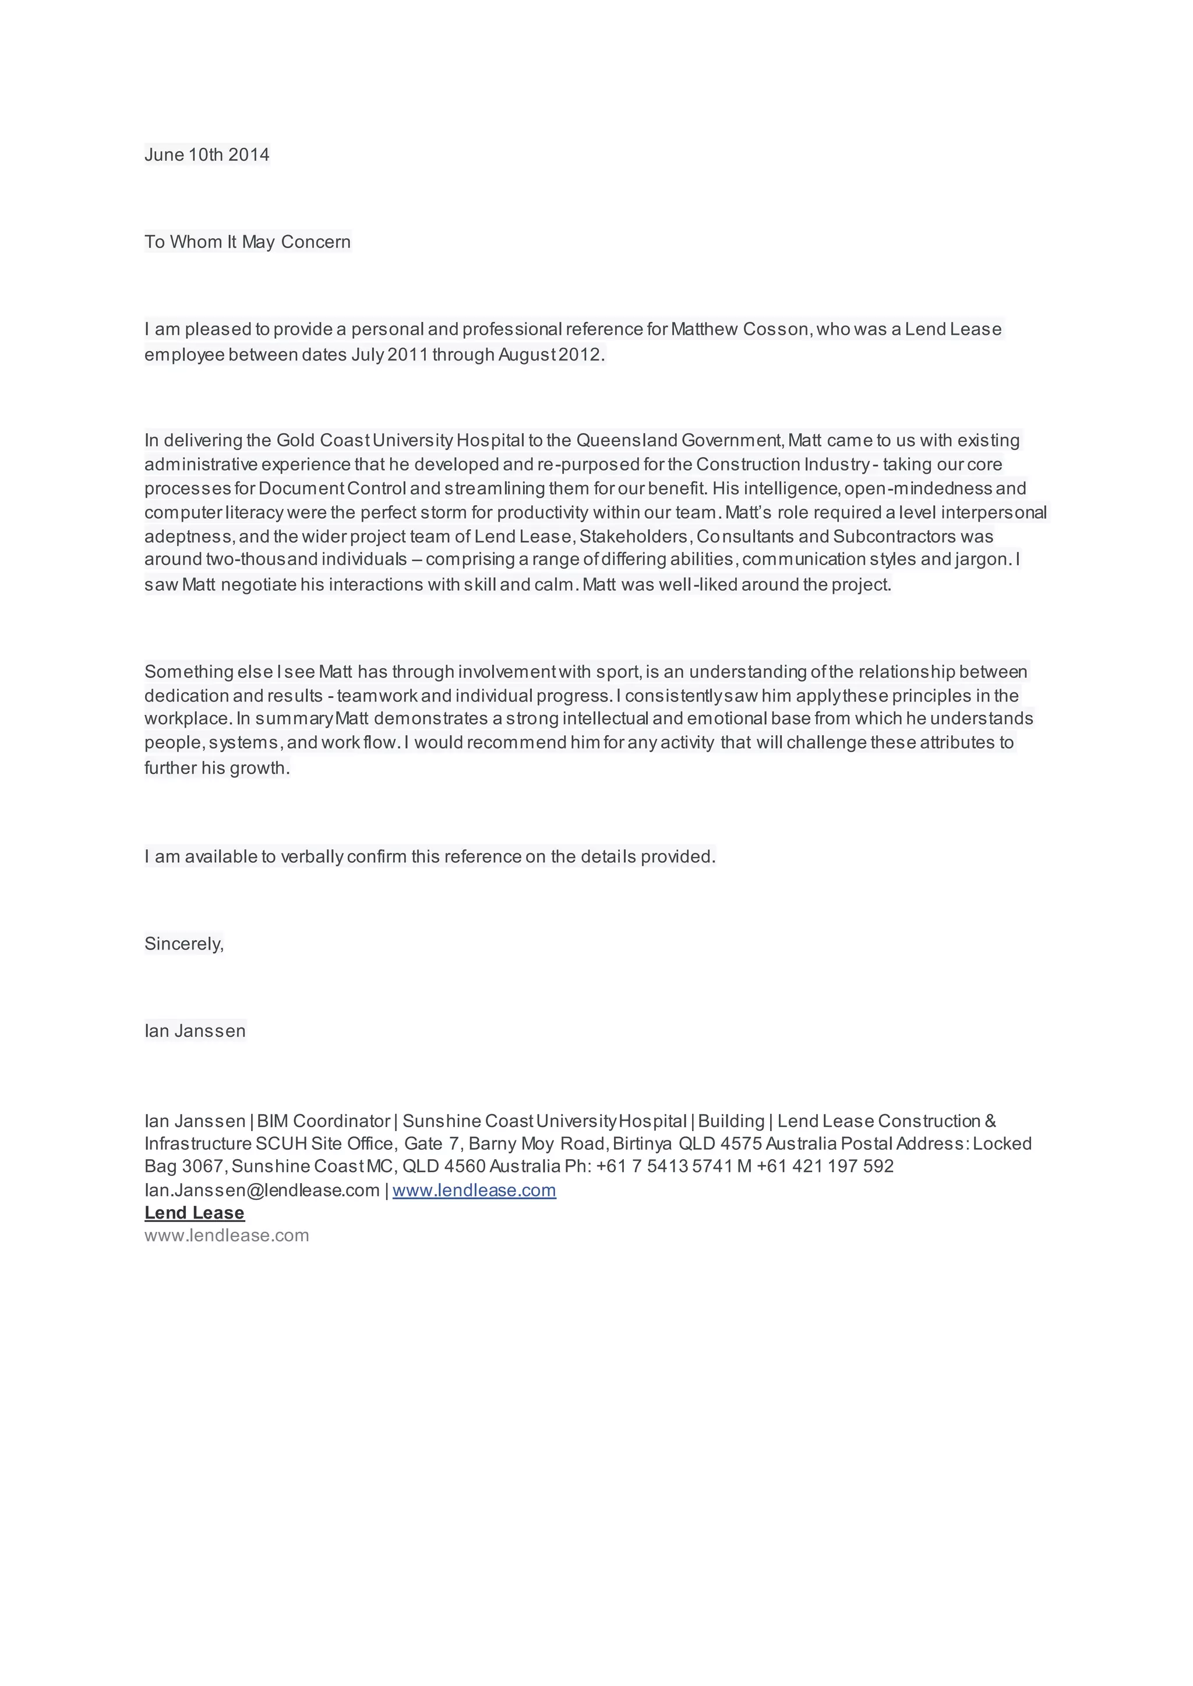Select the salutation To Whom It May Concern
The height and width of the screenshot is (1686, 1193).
pyautogui.click(x=248, y=242)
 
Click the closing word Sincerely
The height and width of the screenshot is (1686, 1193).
pyautogui.click(x=183, y=944)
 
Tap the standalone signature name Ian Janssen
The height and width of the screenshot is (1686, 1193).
pyautogui.click(x=195, y=1031)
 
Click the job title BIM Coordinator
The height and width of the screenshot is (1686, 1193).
pyautogui.click(x=323, y=1121)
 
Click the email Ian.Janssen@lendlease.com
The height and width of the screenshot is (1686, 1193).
pyautogui.click(x=262, y=1191)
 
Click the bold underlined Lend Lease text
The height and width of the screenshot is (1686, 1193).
pyautogui.click(x=194, y=1213)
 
